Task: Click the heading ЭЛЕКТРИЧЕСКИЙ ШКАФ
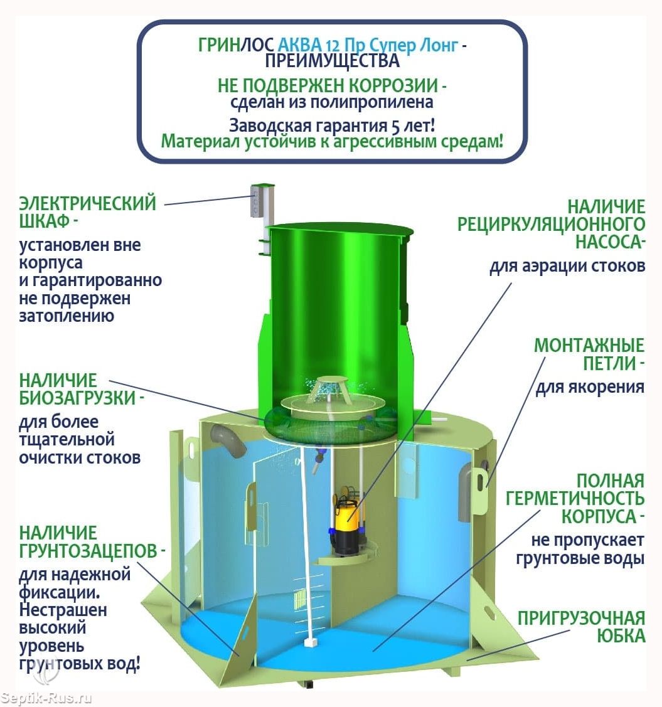tap(87, 211)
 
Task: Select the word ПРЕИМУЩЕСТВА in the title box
tap(333, 61)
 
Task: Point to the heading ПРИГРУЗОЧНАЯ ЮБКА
tap(581, 626)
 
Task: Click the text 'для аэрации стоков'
tap(567, 266)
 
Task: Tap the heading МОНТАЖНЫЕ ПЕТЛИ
tap(589, 354)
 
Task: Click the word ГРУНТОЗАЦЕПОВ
tap(88, 551)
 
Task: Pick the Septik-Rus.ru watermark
tap(46, 698)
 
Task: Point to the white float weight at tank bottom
tap(310, 642)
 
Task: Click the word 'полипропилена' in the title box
tap(372, 102)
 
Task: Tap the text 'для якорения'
tap(590, 387)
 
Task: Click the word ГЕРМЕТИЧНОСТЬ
tap(575, 498)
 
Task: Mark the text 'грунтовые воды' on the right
tap(580, 558)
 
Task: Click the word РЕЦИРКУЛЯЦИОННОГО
tap(551, 224)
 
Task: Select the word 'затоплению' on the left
tap(67, 316)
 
